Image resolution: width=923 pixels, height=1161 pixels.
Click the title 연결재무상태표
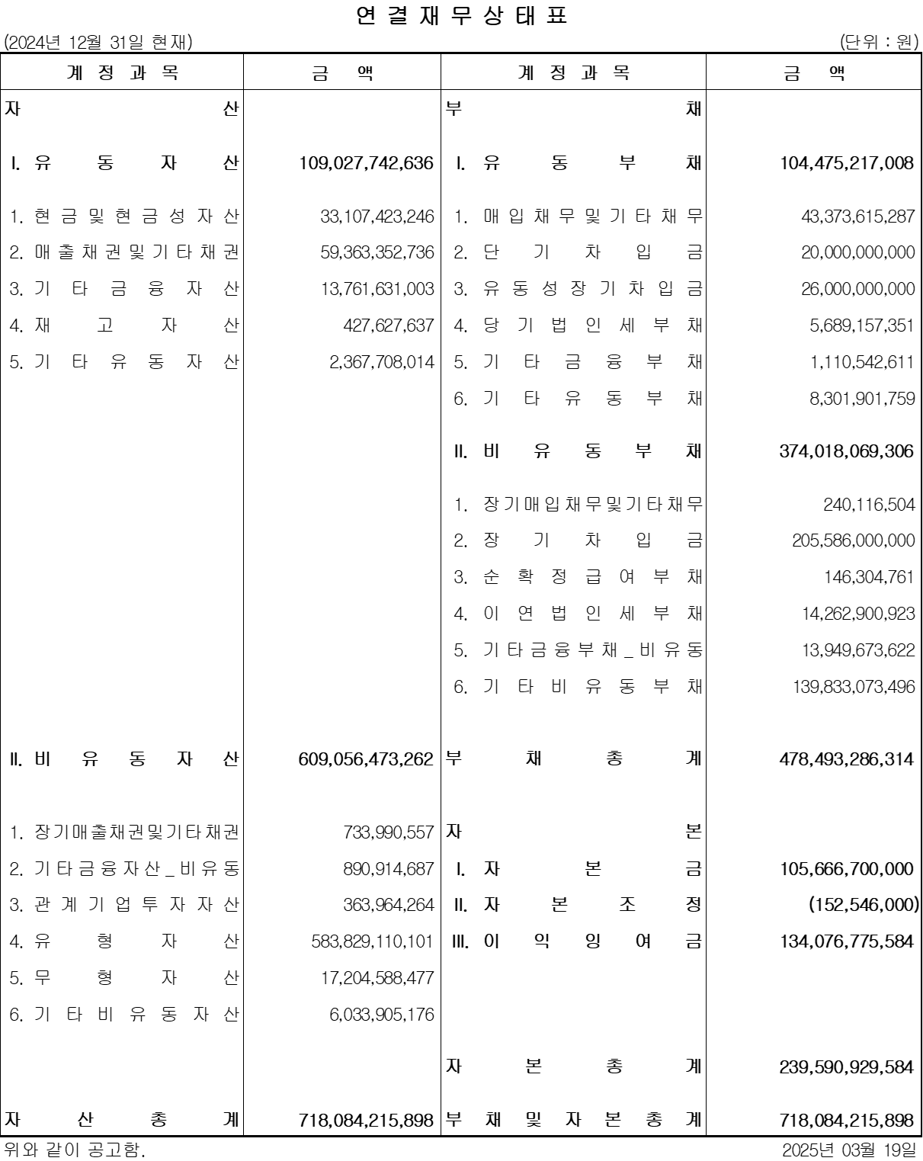(x=462, y=16)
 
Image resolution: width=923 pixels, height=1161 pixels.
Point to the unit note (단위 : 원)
(x=879, y=43)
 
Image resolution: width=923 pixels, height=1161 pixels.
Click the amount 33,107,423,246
(x=377, y=216)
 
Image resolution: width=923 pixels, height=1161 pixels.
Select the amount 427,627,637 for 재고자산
(x=388, y=326)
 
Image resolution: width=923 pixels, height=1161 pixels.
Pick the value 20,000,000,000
(x=857, y=252)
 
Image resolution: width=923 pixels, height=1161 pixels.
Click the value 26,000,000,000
(x=857, y=289)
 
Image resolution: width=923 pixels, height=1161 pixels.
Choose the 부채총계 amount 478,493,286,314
(x=846, y=759)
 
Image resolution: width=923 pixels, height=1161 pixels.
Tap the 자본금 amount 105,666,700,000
(x=846, y=869)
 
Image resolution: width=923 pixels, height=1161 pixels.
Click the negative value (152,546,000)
(x=864, y=905)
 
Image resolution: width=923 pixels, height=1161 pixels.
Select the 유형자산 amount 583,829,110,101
(x=372, y=941)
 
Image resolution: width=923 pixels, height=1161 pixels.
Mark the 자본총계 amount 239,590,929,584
(x=846, y=1066)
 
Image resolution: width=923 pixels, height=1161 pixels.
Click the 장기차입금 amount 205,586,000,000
(x=853, y=540)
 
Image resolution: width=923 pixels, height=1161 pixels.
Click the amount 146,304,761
(x=869, y=577)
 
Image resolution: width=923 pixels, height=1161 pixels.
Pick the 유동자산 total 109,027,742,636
(x=366, y=163)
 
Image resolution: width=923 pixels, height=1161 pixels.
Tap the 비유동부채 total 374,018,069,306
(x=846, y=451)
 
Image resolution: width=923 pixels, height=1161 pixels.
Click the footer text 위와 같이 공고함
(x=74, y=1150)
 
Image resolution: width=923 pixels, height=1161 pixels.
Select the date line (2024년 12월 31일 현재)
(x=98, y=43)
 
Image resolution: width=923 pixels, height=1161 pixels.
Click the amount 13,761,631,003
(x=377, y=289)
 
